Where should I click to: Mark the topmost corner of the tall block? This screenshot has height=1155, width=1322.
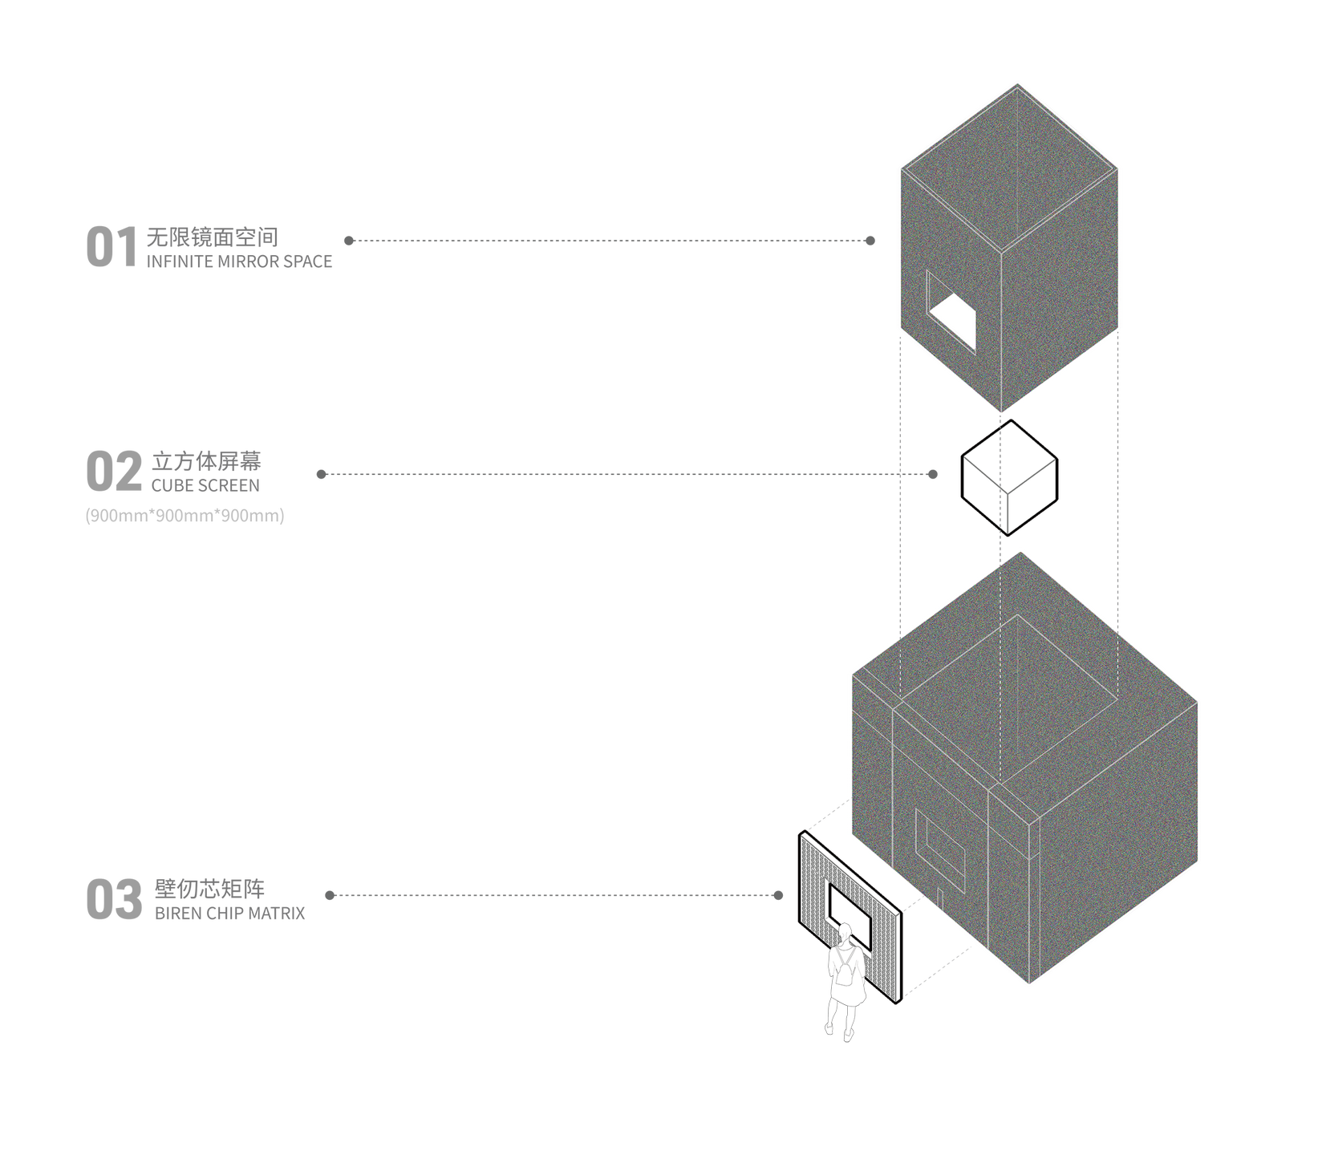pyautogui.click(x=1017, y=85)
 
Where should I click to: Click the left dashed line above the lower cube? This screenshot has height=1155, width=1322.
pyautogui.click(x=902, y=658)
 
